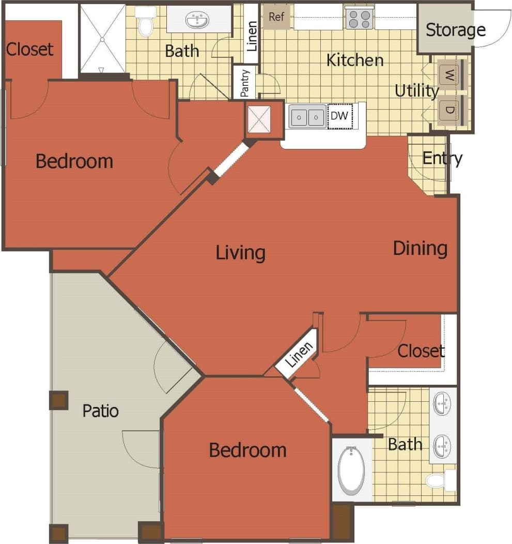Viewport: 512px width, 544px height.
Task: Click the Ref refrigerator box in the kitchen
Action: pos(276,17)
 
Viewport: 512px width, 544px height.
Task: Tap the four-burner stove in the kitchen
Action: pos(360,19)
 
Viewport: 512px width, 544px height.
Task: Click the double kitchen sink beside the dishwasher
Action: pos(307,116)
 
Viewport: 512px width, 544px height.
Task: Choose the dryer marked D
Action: pos(450,110)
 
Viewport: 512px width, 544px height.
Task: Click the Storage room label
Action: pos(455,30)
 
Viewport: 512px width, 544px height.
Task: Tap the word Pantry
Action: pos(245,82)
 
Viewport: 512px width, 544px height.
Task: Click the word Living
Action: pos(240,253)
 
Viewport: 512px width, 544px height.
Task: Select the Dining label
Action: pos(420,248)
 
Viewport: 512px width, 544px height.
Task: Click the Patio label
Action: pos(101,411)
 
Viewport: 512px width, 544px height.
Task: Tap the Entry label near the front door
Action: pos(442,158)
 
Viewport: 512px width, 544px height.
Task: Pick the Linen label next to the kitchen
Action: pos(252,36)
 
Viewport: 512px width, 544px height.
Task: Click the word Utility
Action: pos(416,91)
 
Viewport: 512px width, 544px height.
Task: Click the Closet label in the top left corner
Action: pos(29,49)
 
